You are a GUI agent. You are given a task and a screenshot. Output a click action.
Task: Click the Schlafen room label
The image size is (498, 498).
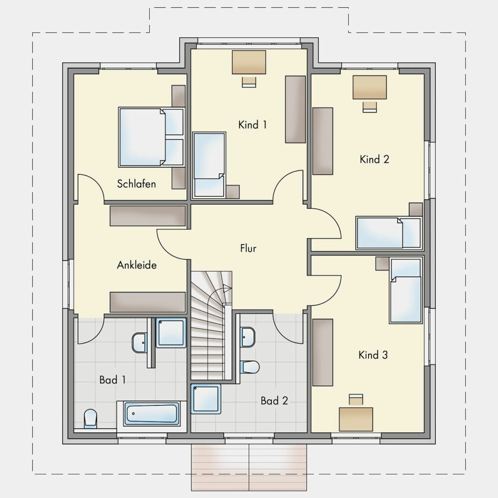(x=136, y=184)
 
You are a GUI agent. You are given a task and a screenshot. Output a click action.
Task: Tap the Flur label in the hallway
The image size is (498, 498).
(x=248, y=248)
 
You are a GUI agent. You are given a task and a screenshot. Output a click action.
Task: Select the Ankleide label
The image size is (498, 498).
(x=136, y=265)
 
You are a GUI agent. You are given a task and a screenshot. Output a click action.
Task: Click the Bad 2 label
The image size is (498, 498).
(x=274, y=401)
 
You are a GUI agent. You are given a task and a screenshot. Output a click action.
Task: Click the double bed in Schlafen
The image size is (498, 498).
(x=151, y=137)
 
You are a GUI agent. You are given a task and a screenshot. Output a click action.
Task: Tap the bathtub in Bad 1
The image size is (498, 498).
(x=151, y=413)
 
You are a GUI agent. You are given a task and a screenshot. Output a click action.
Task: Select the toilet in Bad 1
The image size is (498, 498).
(x=90, y=419)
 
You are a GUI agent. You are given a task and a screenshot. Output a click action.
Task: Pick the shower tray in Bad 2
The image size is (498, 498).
(x=206, y=399)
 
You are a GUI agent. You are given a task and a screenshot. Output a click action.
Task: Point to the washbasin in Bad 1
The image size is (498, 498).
(x=139, y=343)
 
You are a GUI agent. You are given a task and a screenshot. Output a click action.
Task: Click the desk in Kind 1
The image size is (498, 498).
(x=249, y=62)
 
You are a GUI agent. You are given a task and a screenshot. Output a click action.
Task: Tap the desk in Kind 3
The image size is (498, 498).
(x=356, y=419)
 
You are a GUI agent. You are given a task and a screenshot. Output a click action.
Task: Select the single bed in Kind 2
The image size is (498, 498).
(x=389, y=233)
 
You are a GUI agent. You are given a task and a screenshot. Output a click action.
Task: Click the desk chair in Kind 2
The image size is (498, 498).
(x=370, y=107)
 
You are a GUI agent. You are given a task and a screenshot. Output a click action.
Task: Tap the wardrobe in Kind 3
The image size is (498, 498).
(x=323, y=352)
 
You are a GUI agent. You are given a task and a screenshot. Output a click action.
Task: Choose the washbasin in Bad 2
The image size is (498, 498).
(x=248, y=337)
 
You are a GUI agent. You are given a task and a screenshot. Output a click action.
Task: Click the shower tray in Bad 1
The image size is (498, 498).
(x=171, y=333)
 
